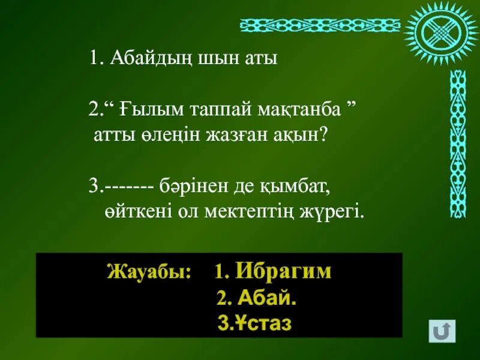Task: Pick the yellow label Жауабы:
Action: pos(149,272)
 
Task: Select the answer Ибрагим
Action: pos(283,271)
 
